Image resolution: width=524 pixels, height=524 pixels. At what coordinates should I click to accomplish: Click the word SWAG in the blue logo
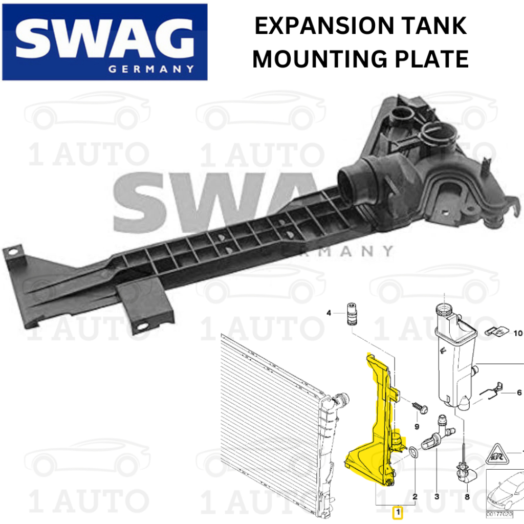tap(105, 39)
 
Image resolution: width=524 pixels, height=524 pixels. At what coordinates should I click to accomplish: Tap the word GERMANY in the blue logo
tap(151, 69)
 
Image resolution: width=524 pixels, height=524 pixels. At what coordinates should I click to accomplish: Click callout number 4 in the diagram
tap(330, 313)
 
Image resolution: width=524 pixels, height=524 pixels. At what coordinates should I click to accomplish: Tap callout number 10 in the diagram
tap(517, 333)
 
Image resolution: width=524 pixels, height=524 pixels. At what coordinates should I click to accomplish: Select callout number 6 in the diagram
tap(519, 392)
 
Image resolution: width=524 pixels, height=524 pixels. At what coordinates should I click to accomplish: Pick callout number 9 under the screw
tap(417, 426)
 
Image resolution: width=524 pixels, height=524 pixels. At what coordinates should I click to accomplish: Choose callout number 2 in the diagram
tap(415, 496)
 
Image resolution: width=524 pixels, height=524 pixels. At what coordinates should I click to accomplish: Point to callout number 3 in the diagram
tap(436, 496)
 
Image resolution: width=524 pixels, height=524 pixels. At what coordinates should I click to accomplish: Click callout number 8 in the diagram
tap(467, 496)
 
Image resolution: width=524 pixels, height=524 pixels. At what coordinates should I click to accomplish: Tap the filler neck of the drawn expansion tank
tap(443, 311)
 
